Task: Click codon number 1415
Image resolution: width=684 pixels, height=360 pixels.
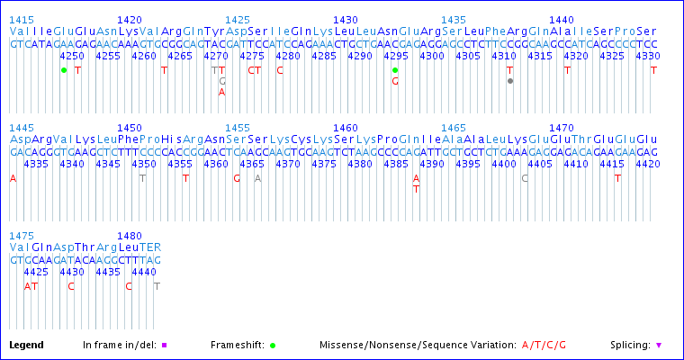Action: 22,19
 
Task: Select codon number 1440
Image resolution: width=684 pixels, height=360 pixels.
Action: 562,19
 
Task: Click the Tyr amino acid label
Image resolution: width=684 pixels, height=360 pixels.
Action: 215,31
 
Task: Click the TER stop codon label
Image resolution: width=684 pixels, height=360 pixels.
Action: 150,247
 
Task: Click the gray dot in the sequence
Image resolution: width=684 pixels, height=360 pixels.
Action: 510,81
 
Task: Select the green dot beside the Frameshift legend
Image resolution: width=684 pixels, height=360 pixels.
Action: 273,345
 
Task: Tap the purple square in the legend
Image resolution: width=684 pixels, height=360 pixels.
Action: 165,345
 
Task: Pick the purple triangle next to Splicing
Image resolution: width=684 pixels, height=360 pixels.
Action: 659,345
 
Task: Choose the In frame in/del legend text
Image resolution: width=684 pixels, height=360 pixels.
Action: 119,345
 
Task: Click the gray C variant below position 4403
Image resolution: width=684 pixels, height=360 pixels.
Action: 525,178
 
